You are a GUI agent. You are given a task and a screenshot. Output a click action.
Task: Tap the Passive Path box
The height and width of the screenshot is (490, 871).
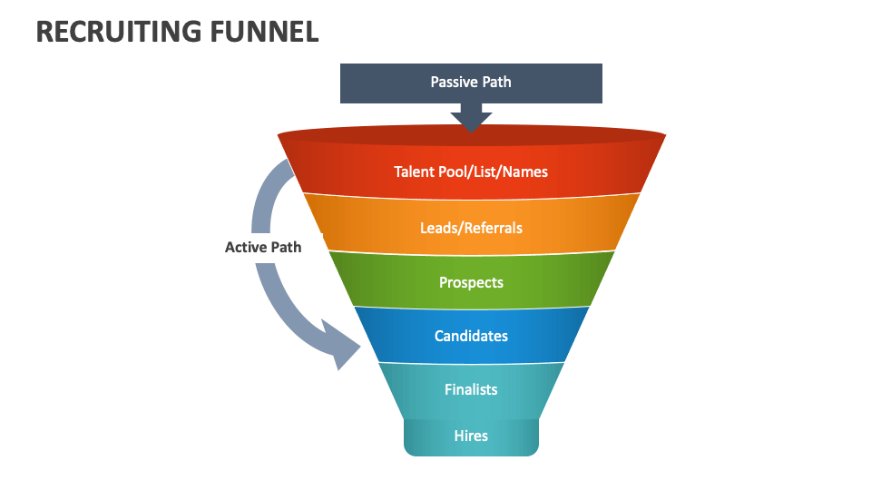(471, 83)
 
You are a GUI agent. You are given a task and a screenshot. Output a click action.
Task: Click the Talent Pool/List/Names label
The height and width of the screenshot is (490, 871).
(471, 171)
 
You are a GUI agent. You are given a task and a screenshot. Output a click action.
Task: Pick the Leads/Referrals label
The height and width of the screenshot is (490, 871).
(471, 228)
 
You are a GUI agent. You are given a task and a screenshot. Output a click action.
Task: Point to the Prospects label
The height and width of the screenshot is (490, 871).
(471, 282)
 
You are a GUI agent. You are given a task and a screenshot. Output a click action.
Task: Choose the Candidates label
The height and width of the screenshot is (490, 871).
(471, 336)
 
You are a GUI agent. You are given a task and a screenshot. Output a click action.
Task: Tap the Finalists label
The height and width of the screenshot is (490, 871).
(471, 389)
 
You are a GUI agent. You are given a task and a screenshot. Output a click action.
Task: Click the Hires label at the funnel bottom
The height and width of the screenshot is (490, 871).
(471, 436)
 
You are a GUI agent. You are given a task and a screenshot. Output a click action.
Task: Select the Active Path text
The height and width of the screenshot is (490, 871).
(263, 247)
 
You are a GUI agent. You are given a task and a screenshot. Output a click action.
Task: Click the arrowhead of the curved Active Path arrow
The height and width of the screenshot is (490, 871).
(346, 349)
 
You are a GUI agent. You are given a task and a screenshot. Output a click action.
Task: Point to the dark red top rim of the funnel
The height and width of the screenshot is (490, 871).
(471, 136)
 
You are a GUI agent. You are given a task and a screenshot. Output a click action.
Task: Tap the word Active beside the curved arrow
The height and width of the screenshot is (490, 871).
(245, 247)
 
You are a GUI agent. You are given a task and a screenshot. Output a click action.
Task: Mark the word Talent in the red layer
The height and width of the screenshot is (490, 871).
(414, 171)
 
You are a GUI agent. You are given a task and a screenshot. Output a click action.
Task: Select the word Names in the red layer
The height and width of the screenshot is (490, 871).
(526, 171)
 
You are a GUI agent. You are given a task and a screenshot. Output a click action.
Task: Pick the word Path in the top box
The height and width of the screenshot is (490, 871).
(496, 83)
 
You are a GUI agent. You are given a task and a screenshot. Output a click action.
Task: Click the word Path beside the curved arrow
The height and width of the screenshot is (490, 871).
(285, 247)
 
